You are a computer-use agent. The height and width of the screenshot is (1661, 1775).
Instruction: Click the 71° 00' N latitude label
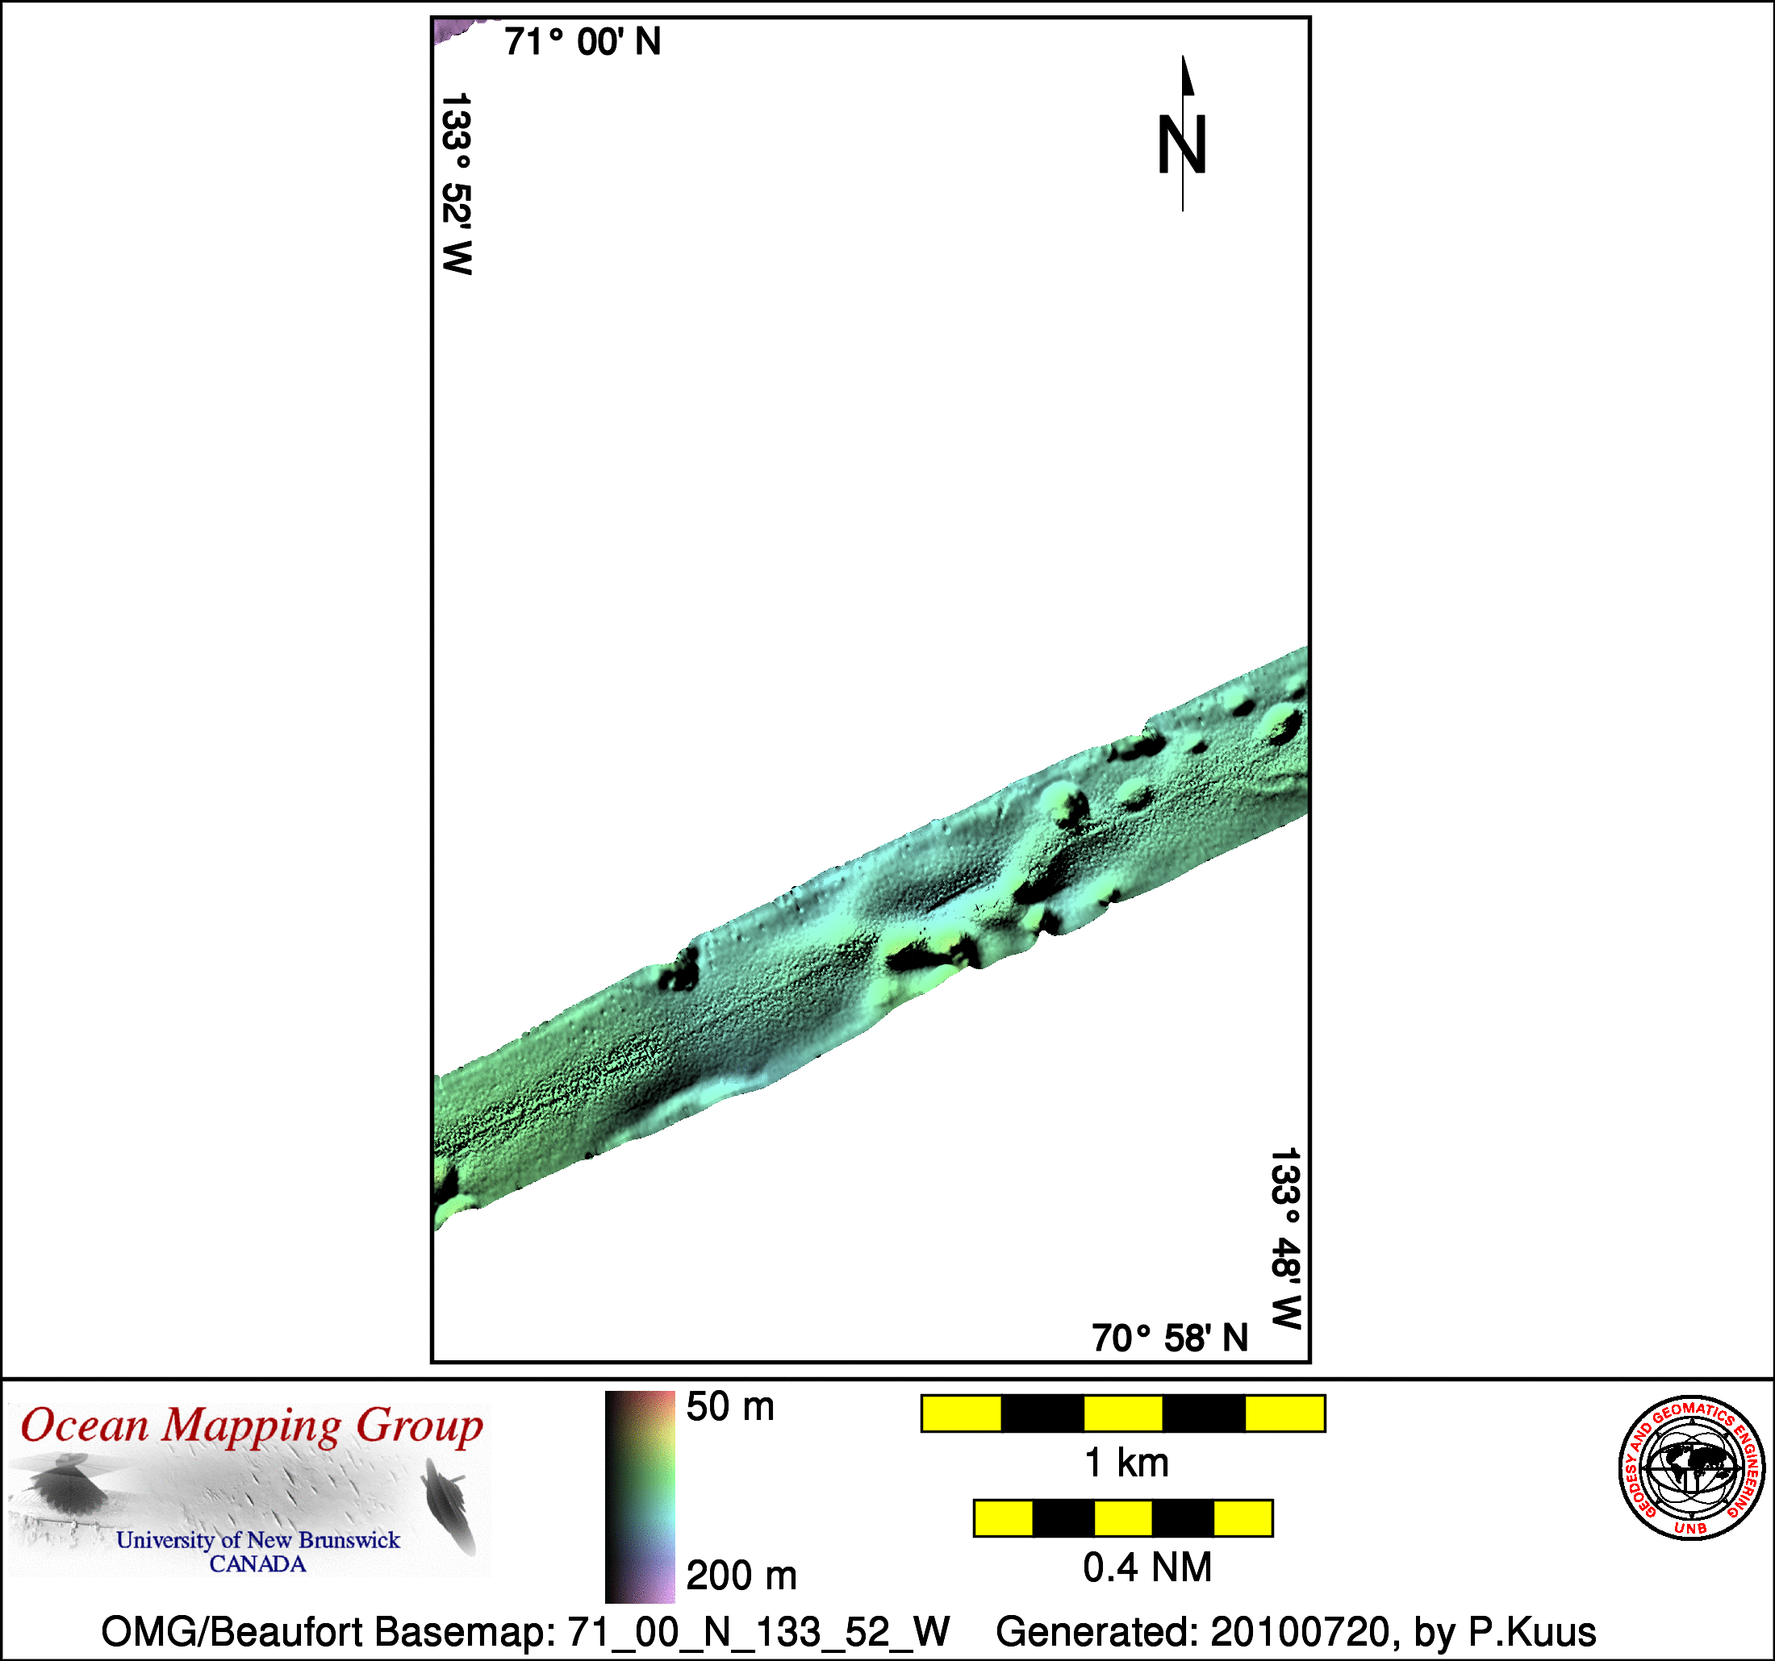[583, 42]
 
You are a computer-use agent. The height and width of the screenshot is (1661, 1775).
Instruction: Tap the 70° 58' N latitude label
[1170, 1338]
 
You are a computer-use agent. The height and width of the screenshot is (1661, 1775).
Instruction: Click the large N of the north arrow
[1182, 144]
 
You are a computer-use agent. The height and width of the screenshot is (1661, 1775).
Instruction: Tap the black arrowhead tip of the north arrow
[1184, 56]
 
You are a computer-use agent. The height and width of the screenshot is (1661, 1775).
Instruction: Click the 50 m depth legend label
[730, 1407]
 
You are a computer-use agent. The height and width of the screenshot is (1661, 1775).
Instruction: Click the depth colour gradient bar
[640, 1497]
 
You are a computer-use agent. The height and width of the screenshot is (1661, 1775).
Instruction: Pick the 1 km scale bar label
[1126, 1463]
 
